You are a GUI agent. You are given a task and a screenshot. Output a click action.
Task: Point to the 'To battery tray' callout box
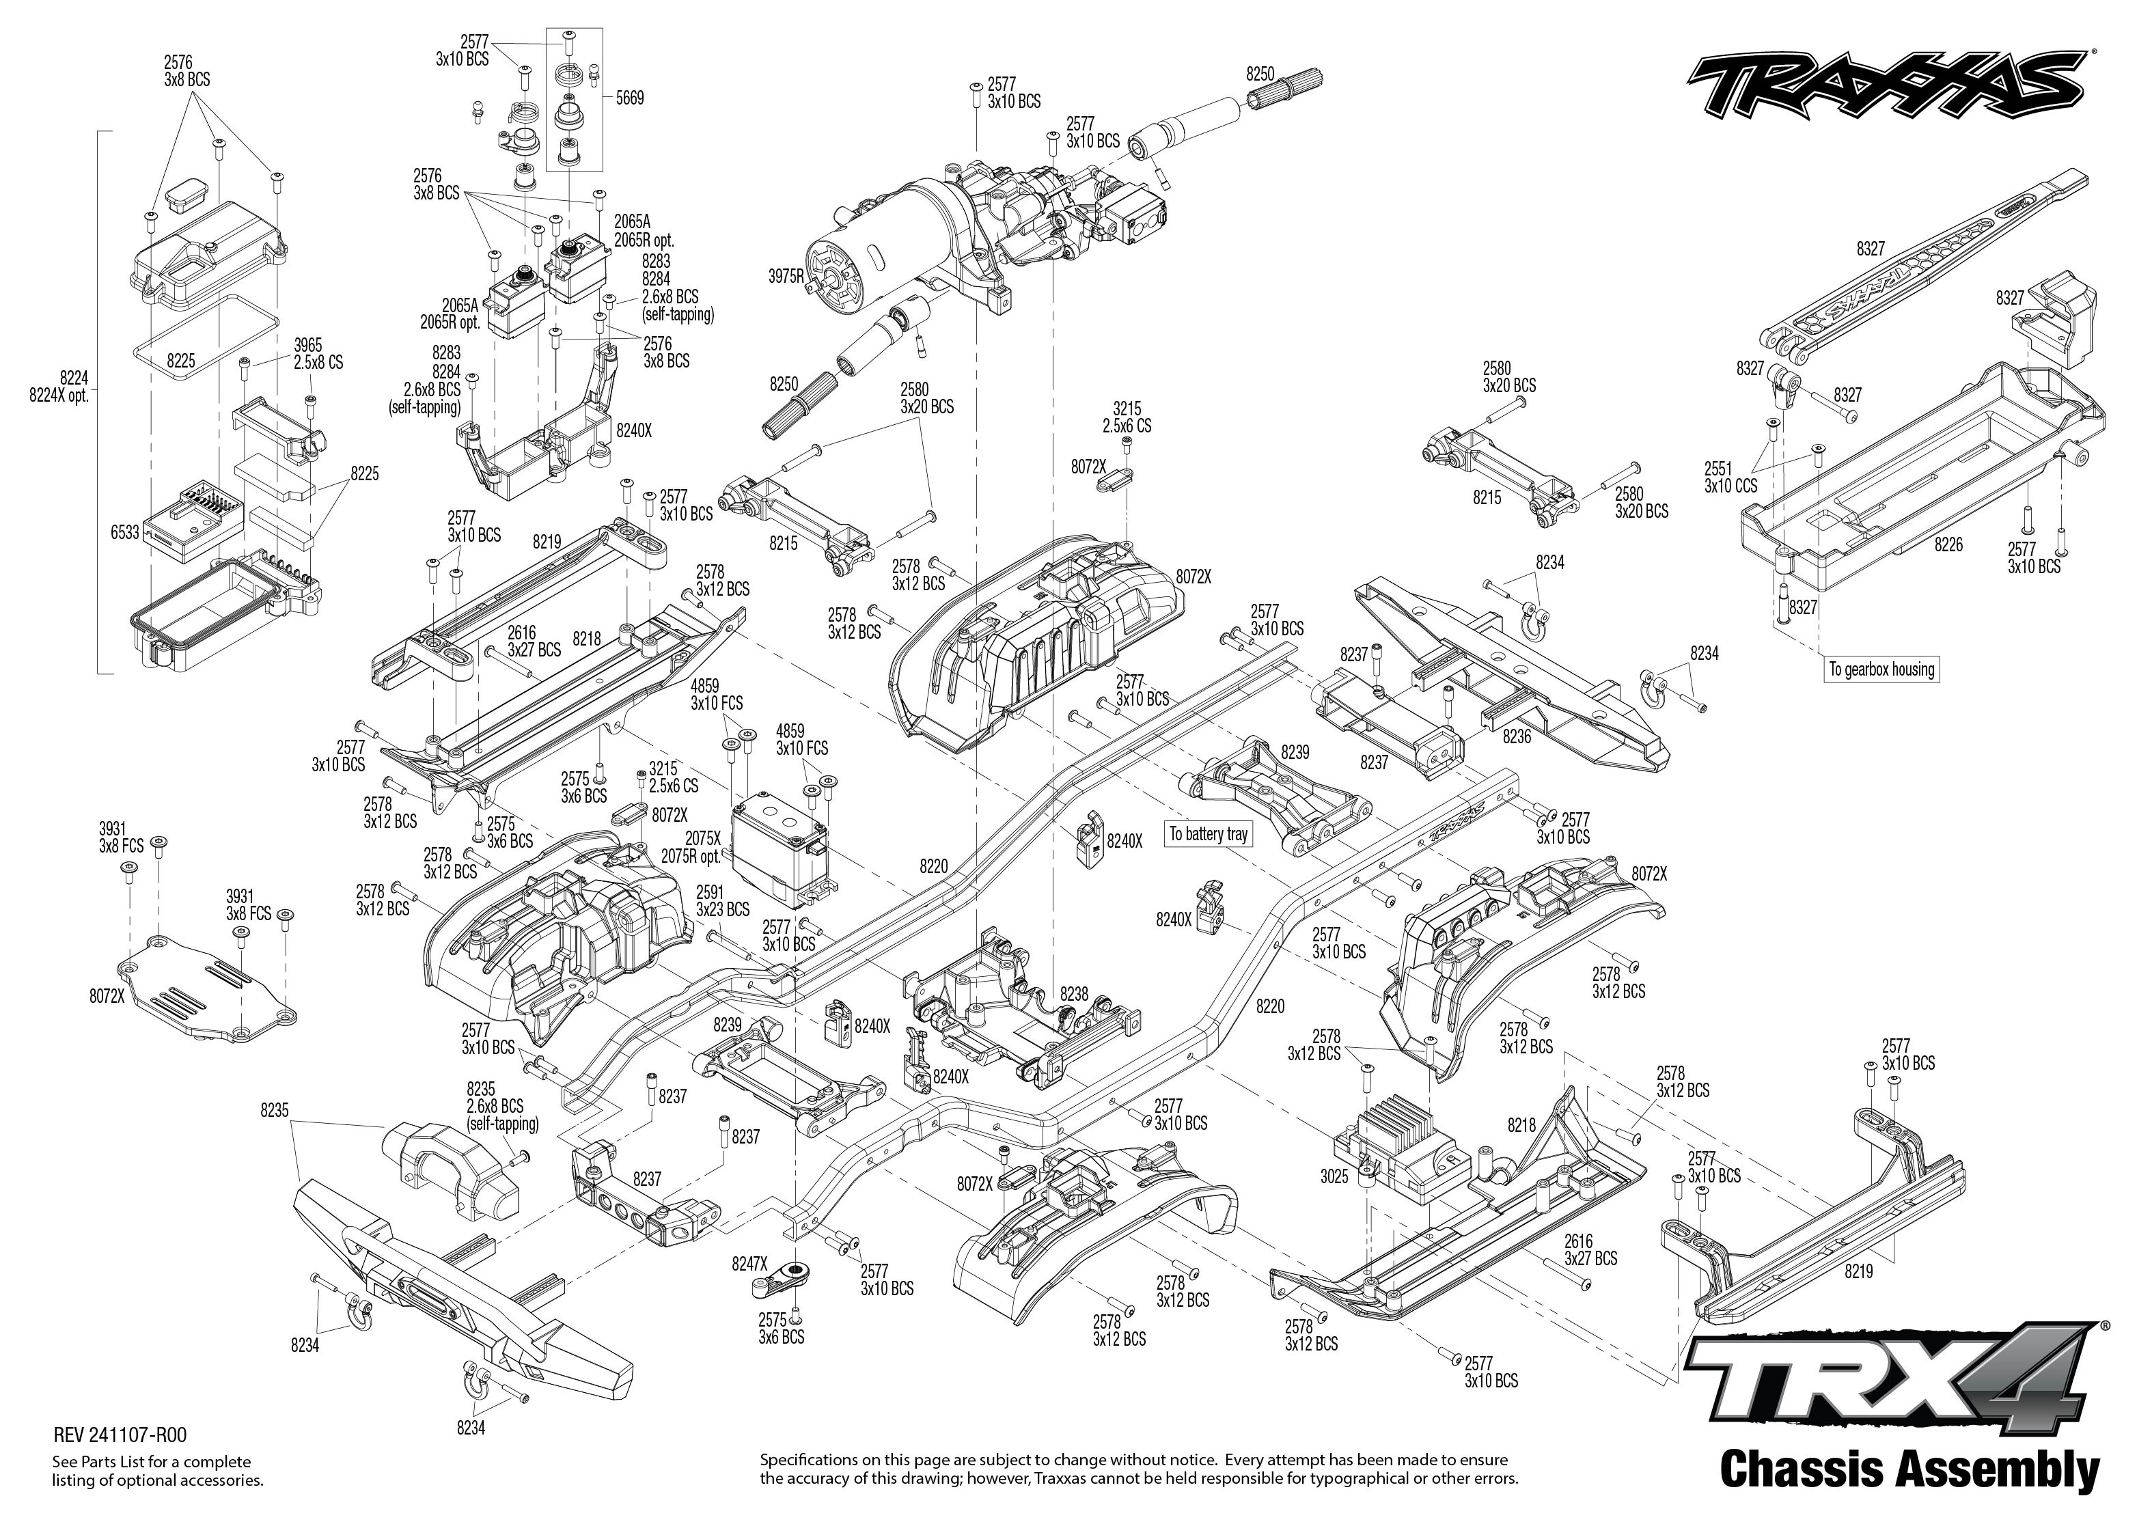pos(1209,834)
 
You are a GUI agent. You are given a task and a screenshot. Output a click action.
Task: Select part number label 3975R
pos(786,277)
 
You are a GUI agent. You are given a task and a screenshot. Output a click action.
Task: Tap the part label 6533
pos(125,533)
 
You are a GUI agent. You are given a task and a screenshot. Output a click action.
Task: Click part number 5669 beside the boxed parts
pos(629,98)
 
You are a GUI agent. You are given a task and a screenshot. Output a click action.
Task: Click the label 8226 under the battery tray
pos(1948,545)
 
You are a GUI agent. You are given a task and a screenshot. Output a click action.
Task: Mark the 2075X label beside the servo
pos(703,839)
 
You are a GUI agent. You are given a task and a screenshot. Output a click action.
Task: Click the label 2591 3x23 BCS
pos(722,901)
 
